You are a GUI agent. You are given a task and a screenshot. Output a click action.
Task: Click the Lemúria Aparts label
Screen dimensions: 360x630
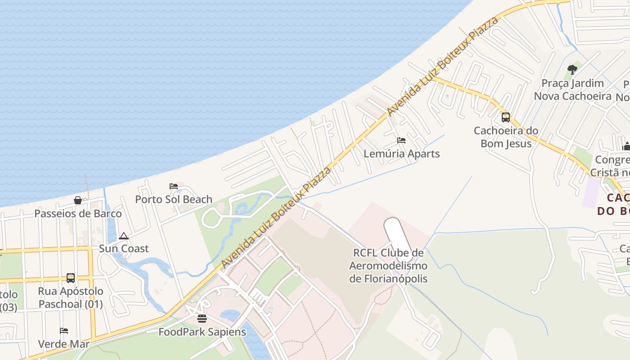pos(401,153)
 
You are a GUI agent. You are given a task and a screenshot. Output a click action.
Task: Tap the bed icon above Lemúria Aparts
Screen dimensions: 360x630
pos(401,140)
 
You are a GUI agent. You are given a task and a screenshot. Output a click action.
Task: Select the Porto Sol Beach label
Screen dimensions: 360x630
pos(174,199)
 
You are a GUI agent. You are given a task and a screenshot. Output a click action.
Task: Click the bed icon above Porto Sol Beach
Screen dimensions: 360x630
pos(174,186)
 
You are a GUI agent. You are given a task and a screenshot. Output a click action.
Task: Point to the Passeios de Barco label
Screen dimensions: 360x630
pos(78,213)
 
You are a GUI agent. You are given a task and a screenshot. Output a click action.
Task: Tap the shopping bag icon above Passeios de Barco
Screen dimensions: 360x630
pos(78,200)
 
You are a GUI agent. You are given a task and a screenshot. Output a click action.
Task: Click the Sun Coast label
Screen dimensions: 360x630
pos(124,248)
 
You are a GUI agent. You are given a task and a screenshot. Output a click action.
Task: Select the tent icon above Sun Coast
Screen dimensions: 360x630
pos(124,236)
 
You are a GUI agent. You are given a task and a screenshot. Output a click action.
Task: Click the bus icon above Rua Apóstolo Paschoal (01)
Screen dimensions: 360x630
pos(71,278)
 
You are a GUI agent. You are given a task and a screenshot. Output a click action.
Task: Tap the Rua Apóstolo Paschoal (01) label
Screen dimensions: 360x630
pos(71,297)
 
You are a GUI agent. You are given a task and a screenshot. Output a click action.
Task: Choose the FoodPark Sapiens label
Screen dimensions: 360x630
pos(202,332)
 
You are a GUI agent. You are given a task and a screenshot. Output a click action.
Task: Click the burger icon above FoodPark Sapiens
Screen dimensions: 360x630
pos(202,319)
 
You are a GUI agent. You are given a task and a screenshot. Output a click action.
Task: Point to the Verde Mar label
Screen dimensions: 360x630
pos(64,344)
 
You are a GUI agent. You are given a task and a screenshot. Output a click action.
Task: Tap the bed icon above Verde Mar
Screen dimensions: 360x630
pos(64,331)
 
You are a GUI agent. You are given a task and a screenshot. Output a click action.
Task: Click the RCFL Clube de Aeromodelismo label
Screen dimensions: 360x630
pos(388,265)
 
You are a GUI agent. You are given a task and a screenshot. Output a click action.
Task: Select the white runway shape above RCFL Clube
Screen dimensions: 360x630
pos(394,234)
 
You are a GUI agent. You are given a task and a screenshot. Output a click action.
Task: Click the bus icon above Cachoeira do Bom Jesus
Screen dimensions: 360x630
pos(506,117)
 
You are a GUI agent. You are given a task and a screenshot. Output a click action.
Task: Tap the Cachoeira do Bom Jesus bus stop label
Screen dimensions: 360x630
pos(506,137)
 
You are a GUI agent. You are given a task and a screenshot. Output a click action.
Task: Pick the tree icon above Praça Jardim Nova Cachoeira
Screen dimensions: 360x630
pos(572,70)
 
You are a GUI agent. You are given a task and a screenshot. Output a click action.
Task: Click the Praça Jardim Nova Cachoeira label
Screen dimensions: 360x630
pos(572,90)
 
